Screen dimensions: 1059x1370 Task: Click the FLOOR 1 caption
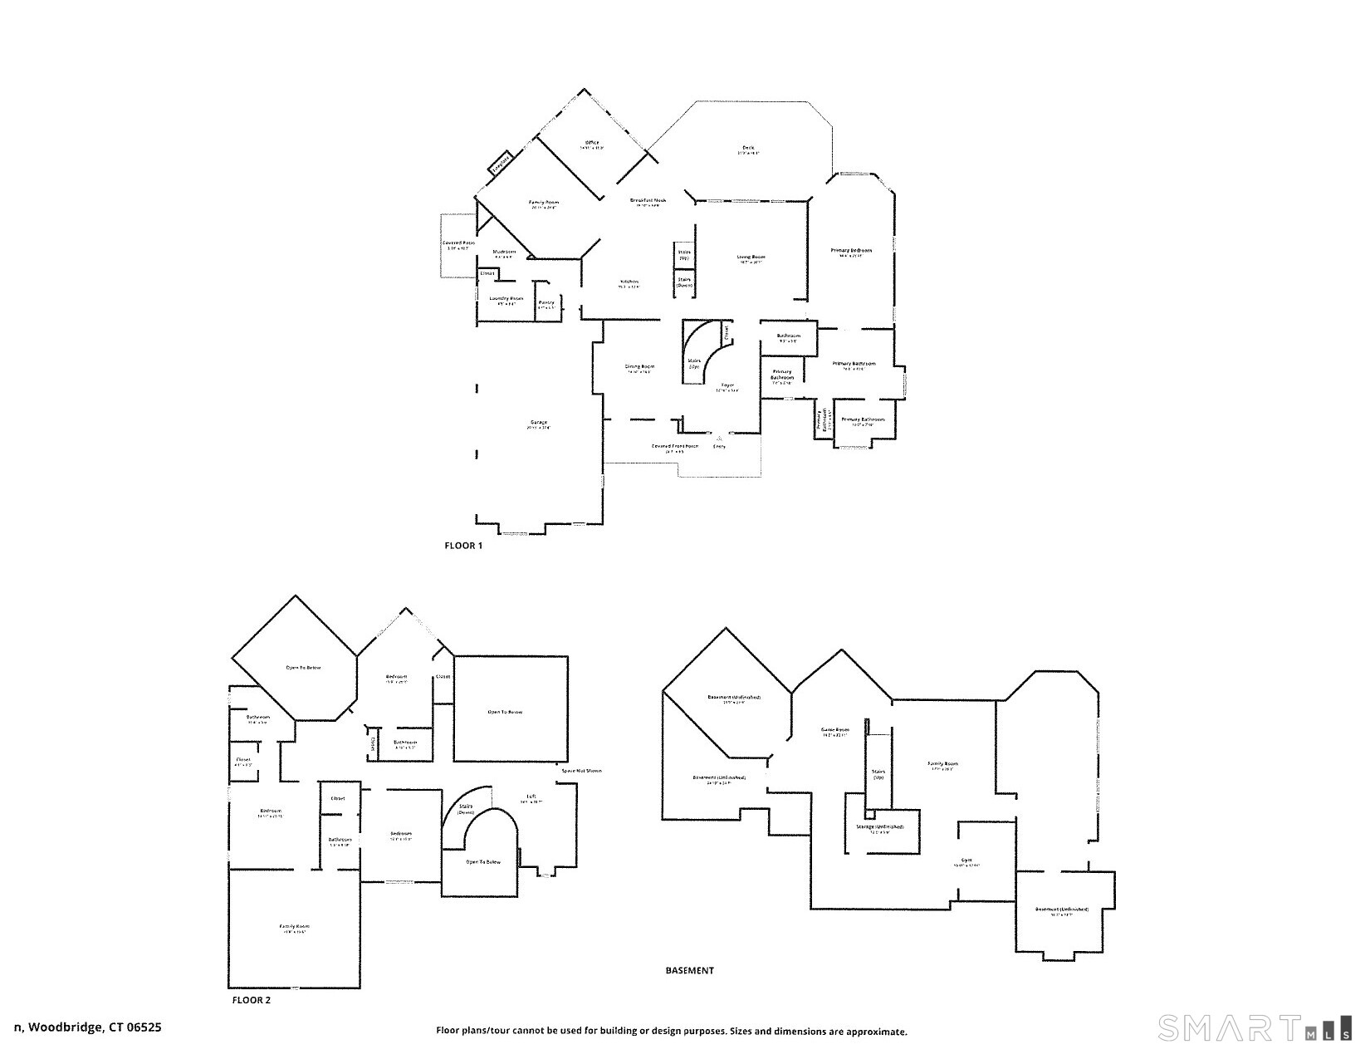[x=463, y=546]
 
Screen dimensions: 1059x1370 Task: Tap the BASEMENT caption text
[x=689, y=970]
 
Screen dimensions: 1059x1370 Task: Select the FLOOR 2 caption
[x=251, y=1000]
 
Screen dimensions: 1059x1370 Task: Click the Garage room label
[x=540, y=424]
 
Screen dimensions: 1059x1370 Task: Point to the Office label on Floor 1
[x=592, y=143]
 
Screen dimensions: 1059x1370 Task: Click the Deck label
[x=748, y=149]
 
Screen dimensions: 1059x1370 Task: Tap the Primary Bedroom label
[x=851, y=250]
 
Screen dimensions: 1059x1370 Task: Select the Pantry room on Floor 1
[x=546, y=303]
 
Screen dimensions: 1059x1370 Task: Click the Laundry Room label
[x=506, y=298]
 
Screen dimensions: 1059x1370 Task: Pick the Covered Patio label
[x=458, y=243]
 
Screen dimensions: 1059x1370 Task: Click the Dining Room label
[x=639, y=366]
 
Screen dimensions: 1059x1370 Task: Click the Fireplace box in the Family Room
[x=500, y=164]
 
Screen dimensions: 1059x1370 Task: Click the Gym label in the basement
[x=966, y=860]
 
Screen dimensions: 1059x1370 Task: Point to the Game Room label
[x=835, y=730]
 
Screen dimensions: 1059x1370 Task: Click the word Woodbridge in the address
[x=68, y=1027]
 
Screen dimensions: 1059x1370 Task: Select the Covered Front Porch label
[x=674, y=446]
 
